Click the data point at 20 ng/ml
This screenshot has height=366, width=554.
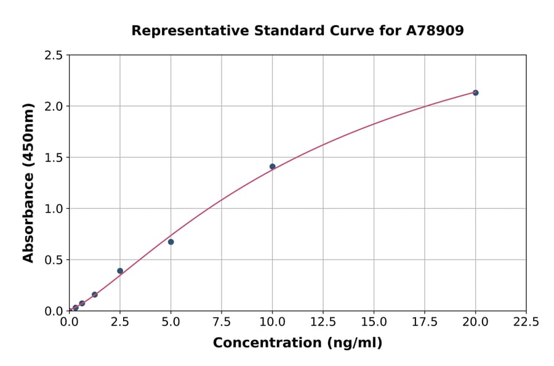[475, 92]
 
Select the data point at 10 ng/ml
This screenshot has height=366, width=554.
[272, 166]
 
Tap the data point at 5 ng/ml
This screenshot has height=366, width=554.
[171, 242]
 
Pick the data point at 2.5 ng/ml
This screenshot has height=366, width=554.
[120, 270]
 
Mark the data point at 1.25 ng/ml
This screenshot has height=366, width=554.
[94, 295]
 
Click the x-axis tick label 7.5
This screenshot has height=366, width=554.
[222, 322]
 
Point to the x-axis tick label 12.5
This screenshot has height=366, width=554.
[323, 322]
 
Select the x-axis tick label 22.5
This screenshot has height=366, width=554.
[526, 322]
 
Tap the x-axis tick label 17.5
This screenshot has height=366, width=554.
[425, 322]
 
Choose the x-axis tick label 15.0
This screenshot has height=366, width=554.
[374, 322]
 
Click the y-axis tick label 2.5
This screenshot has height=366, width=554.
[54, 55]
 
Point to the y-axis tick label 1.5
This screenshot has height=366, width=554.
[54, 158]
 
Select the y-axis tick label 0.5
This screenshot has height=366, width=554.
[54, 260]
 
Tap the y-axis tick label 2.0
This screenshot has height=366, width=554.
[54, 107]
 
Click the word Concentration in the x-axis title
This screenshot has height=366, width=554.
[267, 343]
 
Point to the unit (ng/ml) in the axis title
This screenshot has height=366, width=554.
[354, 343]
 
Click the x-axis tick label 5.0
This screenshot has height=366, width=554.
[171, 322]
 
